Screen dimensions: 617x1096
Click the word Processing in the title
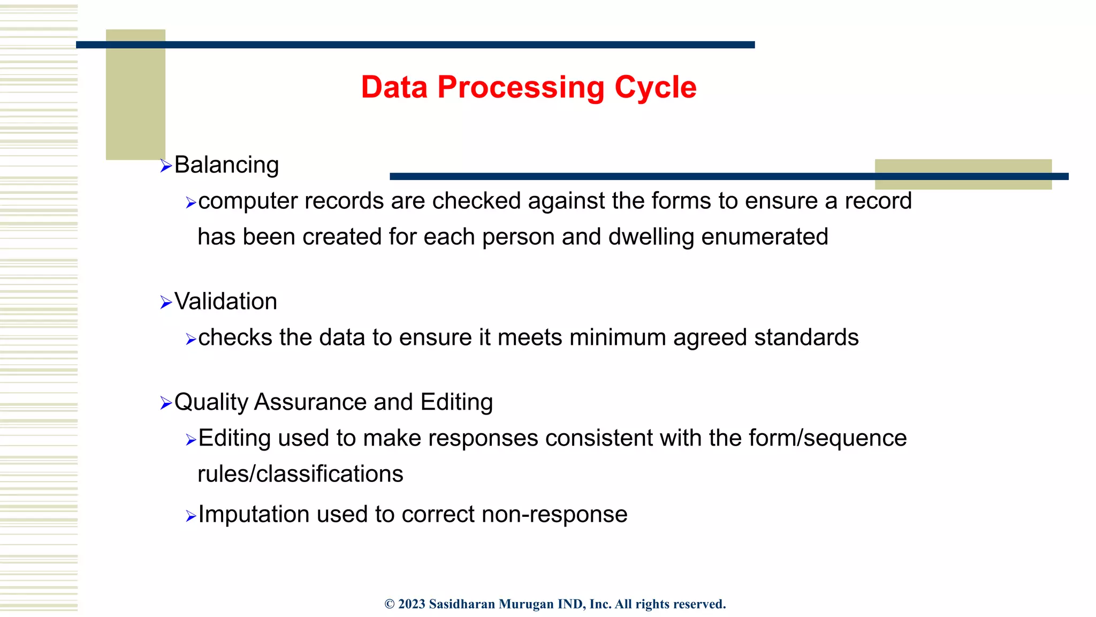tap(521, 88)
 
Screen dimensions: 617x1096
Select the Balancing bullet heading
tap(226, 165)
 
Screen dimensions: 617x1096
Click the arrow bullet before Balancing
tap(165, 165)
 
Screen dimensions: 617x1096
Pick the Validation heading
tap(225, 302)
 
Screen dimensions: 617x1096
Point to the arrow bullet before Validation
tap(165, 303)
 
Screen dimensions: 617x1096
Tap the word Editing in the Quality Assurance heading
tap(456, 402)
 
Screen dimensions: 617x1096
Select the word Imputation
tap(254, 515)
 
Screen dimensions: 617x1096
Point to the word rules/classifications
tap(300, 474)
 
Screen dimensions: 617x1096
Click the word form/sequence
tap(827, 438)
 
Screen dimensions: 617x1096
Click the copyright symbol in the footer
tap(390, 604)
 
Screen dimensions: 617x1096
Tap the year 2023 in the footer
tap(412, 604)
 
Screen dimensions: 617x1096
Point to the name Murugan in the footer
tap(526, 604)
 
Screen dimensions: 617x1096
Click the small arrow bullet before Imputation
tap(191, 516)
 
